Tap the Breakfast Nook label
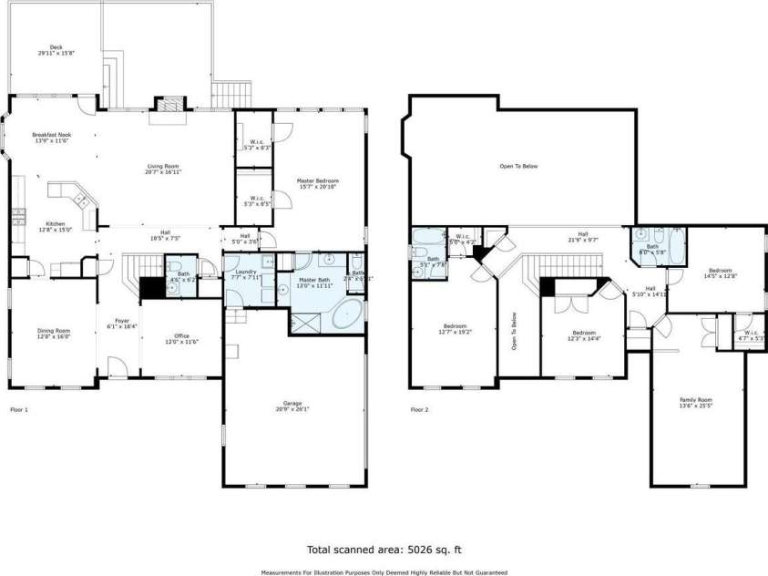[x=51, y=136]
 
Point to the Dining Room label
[x=52, y=331]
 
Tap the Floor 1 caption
[x=19, y=410]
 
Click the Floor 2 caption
[x=419, y=410]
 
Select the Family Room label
[x=696, y=400]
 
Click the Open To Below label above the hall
[x=519, y=166]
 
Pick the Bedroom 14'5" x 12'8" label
[x=720, y=271]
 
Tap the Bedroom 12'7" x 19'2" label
[x=454, y=326]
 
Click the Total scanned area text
[x=384, y=550]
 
